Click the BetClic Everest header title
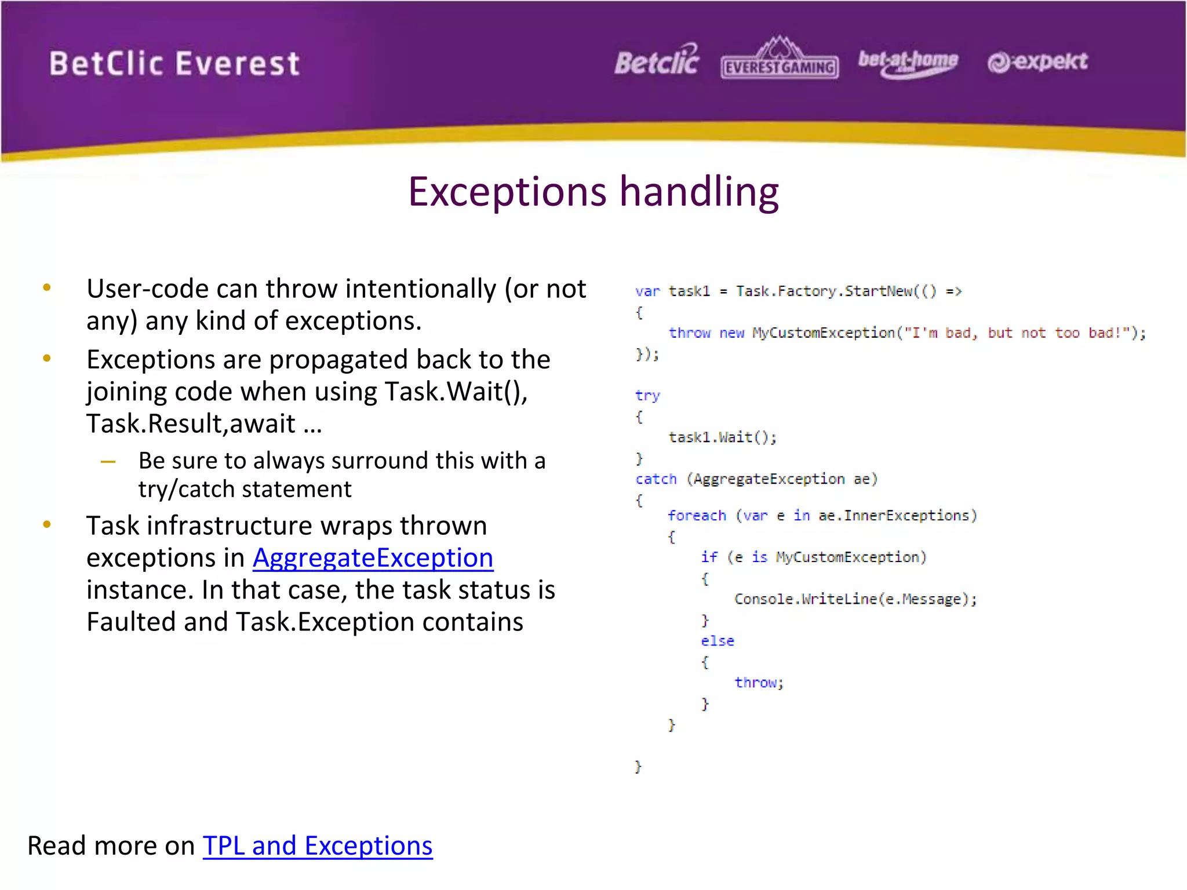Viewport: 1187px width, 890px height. pyautogui.click(x=174, y=64)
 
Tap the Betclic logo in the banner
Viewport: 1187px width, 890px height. pyautogui.click(x=657, y=61)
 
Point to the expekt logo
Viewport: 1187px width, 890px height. pyautogui.click(x=1037, y=61)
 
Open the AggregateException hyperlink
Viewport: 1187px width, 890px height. pyautogui.click(x=373, y=558)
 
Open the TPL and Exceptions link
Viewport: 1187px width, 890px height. pyautogui.click(x=317, y=846)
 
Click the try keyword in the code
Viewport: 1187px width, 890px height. pyautogui.click(x=647, y=396)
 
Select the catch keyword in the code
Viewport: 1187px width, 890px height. pyautogui.click(x=656, y=479)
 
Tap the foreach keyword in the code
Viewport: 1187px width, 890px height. pyautogui.click(x=696, y=516)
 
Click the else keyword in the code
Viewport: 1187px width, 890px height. pyautogui.click(x=717, y=641)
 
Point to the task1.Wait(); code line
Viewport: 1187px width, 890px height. pyautogui.click(x=722, y=437)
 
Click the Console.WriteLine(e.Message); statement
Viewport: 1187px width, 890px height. pyautogui.click(x=855, y=599)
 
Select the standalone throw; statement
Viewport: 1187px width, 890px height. pyautogui.click(x=758, y=683)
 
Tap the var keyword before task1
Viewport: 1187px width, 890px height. pyautogui.click(x=647, y=291)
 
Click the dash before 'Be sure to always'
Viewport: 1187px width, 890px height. pyautogui.click(x=108, y=462)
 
